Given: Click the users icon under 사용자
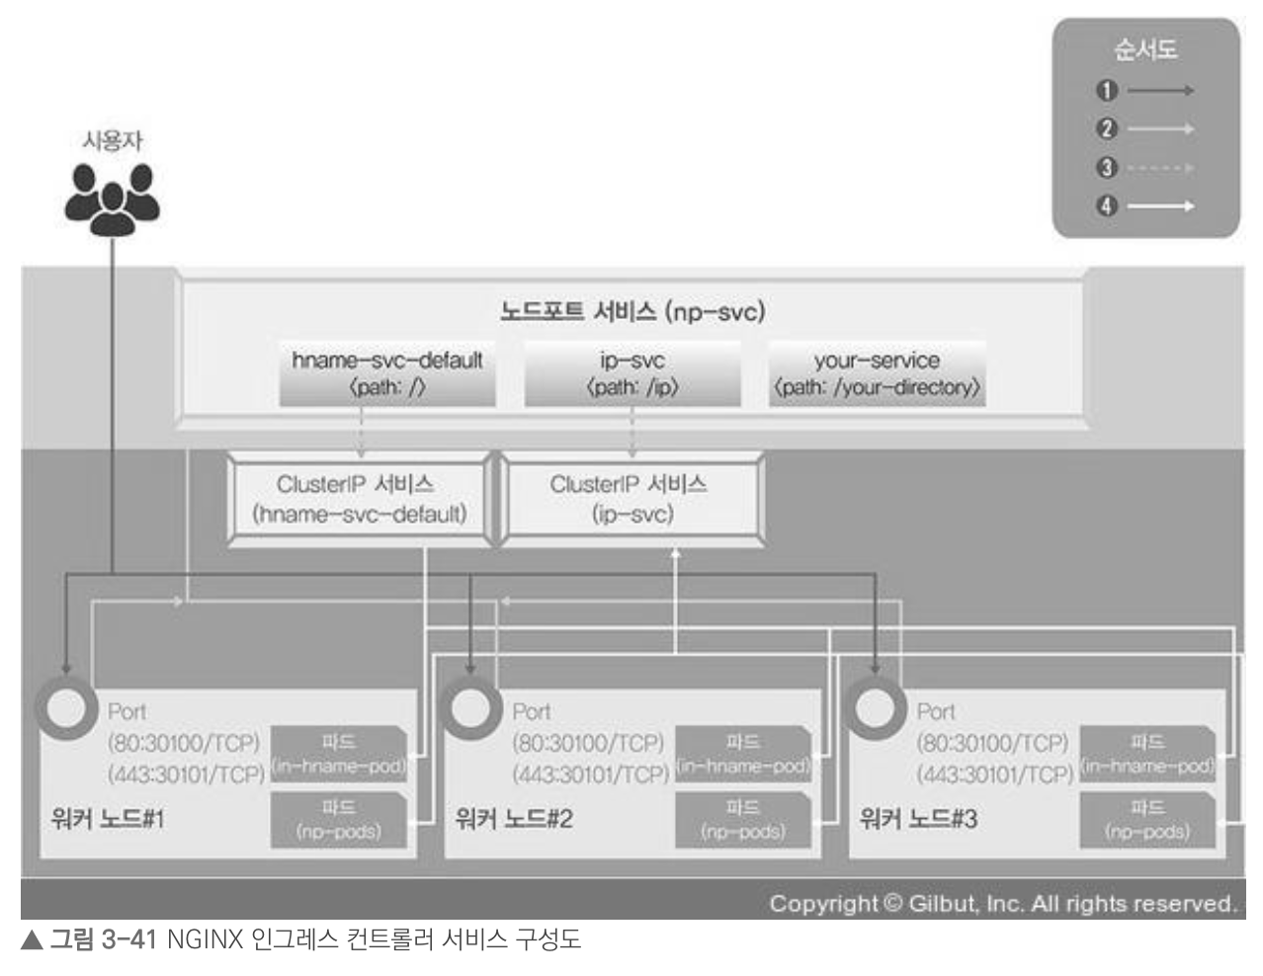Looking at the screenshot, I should [112, 199].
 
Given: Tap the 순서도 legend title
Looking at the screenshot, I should [1144, 49].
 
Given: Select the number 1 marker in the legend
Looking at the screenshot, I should [1106, 91].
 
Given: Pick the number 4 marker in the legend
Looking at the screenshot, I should [1106, 206].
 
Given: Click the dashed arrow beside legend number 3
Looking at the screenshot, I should [1159, 168].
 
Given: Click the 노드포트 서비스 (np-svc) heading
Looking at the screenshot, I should [631, 312].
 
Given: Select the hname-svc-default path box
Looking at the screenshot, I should [386, 373].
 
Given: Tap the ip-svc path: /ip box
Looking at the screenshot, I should [631, 373].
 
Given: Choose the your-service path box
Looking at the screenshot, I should [877, 373].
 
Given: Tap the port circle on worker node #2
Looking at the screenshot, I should [471, 708].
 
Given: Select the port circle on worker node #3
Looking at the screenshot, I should [876, 708].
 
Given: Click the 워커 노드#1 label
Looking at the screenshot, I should [108, 819].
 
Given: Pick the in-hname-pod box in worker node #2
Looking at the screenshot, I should [742, 754].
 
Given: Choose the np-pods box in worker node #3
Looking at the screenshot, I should [1146, 820].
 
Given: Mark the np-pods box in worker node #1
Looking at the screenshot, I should [338, 820].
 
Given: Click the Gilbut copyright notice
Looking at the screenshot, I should [1002, 904].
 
